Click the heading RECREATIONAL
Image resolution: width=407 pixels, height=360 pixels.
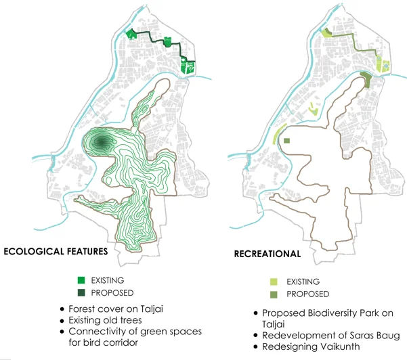pos(267,254)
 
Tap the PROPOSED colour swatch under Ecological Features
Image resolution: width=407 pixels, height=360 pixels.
pos(81,292)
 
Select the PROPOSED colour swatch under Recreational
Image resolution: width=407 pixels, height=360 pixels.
pos(274,294)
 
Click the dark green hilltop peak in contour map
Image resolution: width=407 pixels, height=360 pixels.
pos(102,142)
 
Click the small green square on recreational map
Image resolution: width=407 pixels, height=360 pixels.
pos(286,141)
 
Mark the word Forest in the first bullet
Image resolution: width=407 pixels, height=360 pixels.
pos(83,309)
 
